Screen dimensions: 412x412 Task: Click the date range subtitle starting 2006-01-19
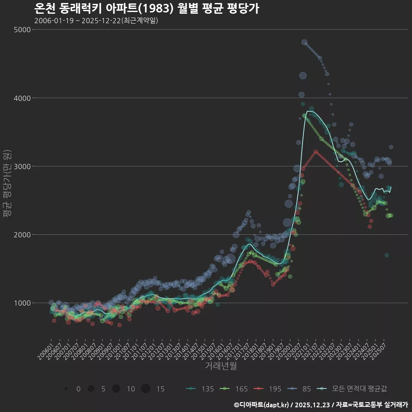(96, 21)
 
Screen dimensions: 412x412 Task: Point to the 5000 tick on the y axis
(22, 30)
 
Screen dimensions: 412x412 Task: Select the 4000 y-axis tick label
(22, 98)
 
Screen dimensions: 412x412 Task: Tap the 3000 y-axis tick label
(22, 166)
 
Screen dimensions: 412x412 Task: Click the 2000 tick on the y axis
(22, 234)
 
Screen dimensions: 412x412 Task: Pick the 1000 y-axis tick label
(22, 303)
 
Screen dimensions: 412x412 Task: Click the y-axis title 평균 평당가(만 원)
(6, 185)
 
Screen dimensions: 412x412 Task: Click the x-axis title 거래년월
(221, 366)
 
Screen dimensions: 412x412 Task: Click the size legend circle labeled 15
(145, 389)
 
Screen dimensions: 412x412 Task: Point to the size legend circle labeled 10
(116, 389)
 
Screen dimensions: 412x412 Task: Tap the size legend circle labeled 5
(91, 389)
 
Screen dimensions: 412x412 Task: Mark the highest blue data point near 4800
(304, 42)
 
